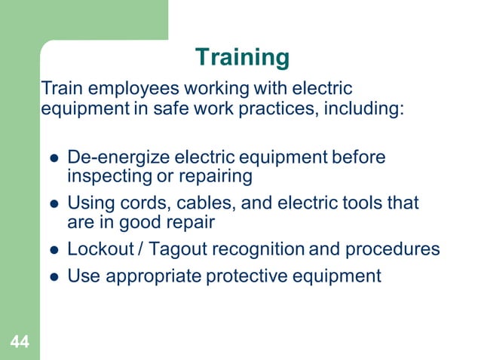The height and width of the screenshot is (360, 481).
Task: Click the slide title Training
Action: point(241,57)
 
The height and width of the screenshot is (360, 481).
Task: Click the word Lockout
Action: point(97,249)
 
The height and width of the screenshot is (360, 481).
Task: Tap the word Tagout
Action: point(175,249)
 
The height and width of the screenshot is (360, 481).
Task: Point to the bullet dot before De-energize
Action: point(54,159)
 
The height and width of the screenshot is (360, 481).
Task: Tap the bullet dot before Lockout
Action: point(54,250)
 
